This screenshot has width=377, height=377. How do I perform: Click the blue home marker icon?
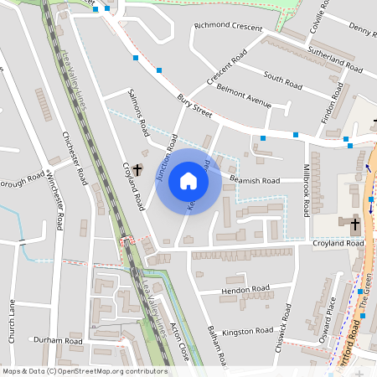tap(188, 181)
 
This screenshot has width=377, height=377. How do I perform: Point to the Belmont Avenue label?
tap(244, 96)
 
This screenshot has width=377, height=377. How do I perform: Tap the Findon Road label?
tap(333, 102)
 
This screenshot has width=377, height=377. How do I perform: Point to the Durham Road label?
tap(58, 341)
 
